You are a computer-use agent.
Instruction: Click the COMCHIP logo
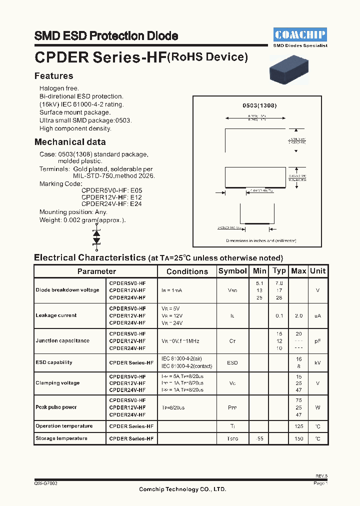coord(300,34)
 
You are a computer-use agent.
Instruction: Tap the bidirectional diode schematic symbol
coord(96,236)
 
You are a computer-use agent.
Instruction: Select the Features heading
coord(53,76)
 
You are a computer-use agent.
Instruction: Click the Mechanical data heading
coord(70,142)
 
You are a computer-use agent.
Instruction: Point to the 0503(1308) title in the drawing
coord(259,105)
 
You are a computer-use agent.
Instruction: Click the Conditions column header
coord(187,271)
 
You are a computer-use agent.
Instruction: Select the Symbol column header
coord(232,271)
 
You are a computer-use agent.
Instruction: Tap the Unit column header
coord(317,271)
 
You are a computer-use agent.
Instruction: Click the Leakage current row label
coord(56,315)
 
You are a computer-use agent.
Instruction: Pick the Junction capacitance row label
coord(62,340)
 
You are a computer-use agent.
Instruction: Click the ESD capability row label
coord(54,362)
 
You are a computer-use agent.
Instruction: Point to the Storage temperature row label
coord(61,438)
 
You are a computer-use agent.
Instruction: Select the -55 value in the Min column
coord(259,438)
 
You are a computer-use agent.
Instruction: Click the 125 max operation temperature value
coord(298,426)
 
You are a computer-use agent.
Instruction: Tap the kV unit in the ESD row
coord(317,362)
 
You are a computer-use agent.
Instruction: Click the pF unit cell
coord(317,340)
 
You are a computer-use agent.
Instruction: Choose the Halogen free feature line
coord(59,88)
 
